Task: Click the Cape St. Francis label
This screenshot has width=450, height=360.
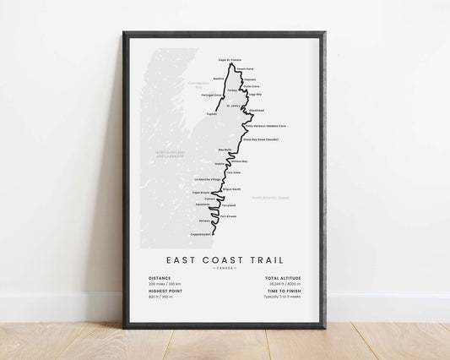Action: coord(230,60)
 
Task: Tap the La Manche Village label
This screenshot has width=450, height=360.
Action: coord(207,179)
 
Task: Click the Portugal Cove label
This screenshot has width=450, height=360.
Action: coord(212,95)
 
